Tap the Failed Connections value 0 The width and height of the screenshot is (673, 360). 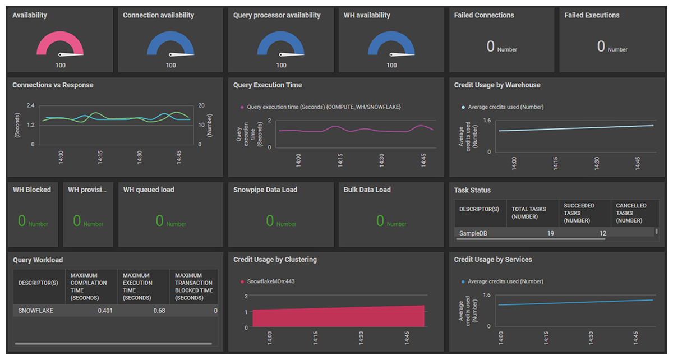point(491,47)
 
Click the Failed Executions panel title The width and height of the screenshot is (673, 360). point(592,15)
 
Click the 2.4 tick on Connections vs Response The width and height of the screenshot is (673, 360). point(31,105)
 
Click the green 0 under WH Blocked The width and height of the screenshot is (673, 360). point(22,221)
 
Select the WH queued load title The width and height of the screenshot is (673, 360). point(149,190)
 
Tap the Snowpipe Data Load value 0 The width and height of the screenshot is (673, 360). point(270,221)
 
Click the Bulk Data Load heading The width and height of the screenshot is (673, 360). point(367,190)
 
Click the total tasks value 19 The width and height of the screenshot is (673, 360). point(550,233)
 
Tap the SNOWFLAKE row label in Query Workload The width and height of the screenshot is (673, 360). point(36,310)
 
